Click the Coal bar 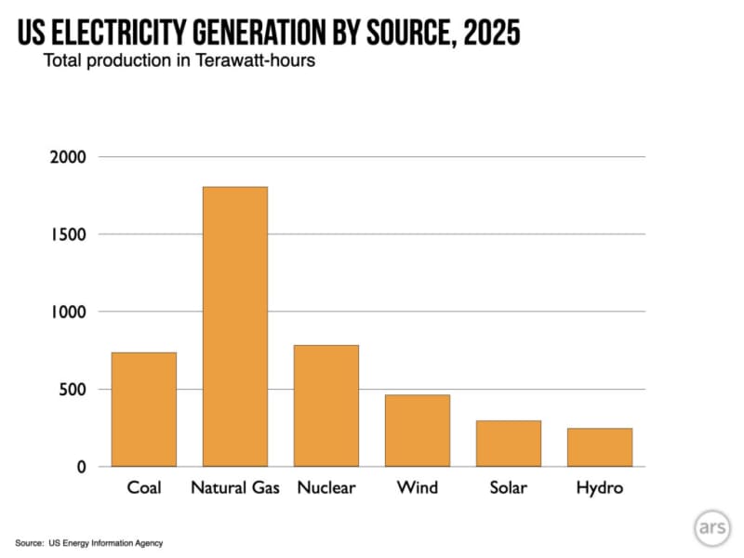tap(144, 409)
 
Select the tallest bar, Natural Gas tap(235, 326)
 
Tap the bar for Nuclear tap(326, 405)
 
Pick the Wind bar tap(418, 431)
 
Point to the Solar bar tap(509, 444)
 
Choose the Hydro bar tap(600, 447)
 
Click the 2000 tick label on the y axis tap(69, 157)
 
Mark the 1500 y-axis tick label tap(69, 234)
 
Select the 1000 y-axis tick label tap(69, 312)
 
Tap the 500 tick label tap(73, 390)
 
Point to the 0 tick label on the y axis tap(82, 467)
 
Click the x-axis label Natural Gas tap(235, 488)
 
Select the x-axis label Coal tap(144, 488)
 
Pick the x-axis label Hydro tap(600, 488)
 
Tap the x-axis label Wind tap(418, 488)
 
